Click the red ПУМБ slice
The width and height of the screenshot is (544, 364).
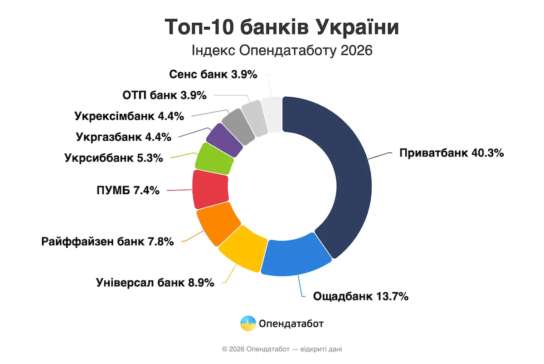[210, 188]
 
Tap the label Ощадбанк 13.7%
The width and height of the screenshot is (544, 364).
[361, 297]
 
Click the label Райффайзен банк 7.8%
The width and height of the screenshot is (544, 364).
[107, 241]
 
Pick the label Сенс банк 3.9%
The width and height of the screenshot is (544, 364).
[213, 74]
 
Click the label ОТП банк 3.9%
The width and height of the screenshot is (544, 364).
[165, 95]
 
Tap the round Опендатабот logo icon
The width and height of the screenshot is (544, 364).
[248, 324]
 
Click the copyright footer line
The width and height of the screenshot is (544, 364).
[282, 349]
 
